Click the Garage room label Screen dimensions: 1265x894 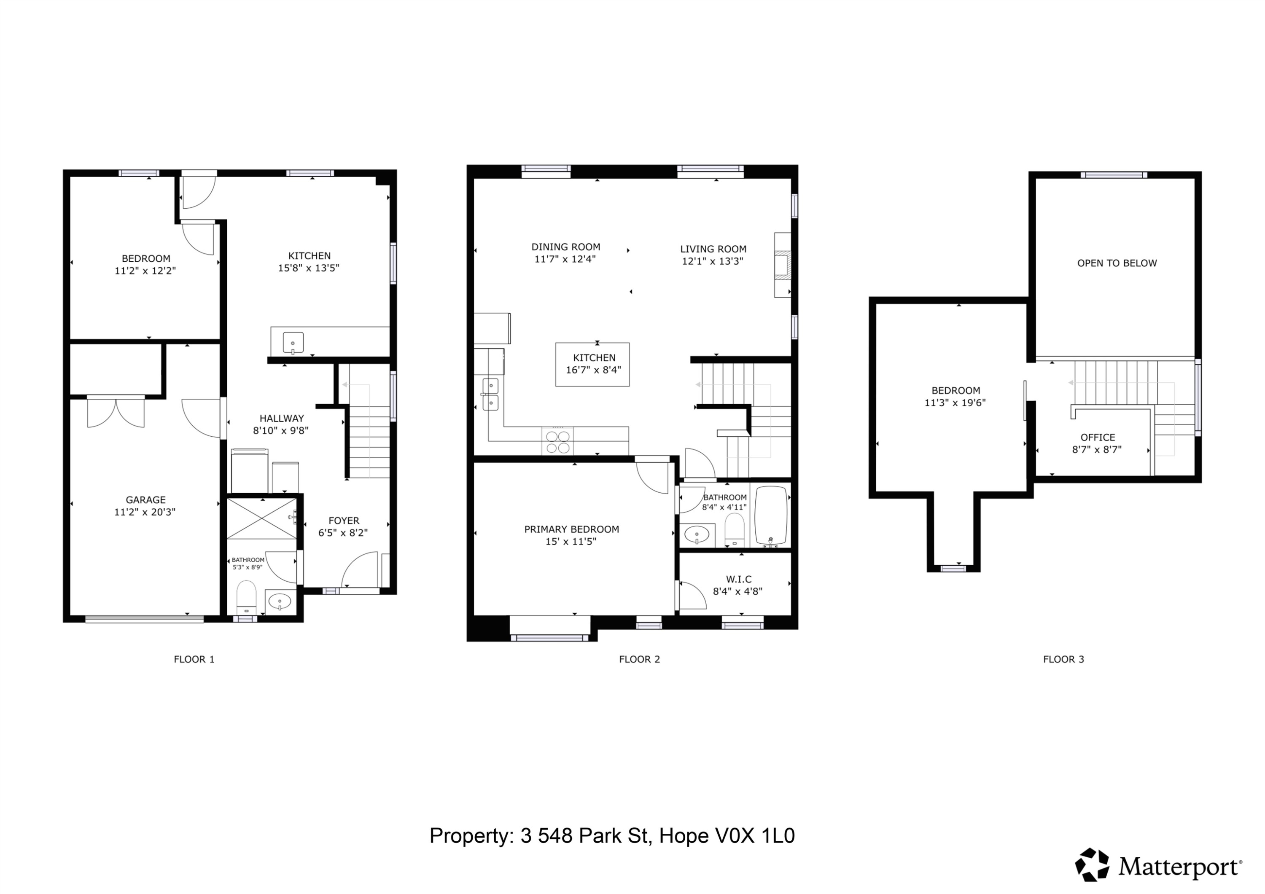pyautogui.click(x=145, y=499)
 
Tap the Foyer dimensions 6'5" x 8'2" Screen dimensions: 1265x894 pyautogui.click(x=343, y=533)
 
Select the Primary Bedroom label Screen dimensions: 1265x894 pyautogui.click(x=571, y=529)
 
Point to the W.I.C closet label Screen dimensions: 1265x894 pyautogui.click(x=738, y=579)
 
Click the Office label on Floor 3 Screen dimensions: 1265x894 pyautogui.click(x=1098, y=438)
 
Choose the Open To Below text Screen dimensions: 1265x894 pyautogui.click(x=1117, y=263)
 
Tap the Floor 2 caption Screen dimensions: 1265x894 pyautogui.click(x=639, y=659)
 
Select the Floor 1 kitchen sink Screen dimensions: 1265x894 pyautogui.click(x=293, y=343)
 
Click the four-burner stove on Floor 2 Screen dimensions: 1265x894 pyautogui.click(x=557, y=442)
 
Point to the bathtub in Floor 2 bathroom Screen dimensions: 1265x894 pyautogui.click(x=771, y=515)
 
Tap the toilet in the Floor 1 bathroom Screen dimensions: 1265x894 pyautogui.click(x=246, y=597)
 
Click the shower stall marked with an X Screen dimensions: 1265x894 pyautogui.click(x=262, y=519)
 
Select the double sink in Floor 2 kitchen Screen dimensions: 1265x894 pyautogui.click(x=490, y=395)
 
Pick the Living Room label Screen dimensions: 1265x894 pyautogui.click(x=713, y=249)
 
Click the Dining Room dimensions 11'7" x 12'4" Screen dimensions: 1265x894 pyautogui.click(x=565, y=259)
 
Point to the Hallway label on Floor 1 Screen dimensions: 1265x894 pyautogui.click(x=282, y=418)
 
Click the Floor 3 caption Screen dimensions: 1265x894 pyautogui.click(x=1063, y=659)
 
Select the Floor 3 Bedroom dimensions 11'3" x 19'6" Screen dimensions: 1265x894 pyautogui.click(x=955, y=403)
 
